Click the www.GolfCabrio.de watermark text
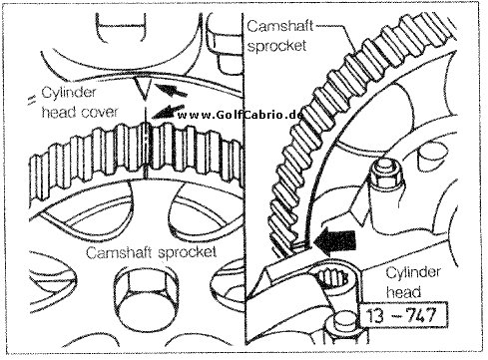point(240,115)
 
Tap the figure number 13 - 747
point(401,315)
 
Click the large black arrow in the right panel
point(335,240)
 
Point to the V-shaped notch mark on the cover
point(143,89)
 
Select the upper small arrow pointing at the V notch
point(171,90)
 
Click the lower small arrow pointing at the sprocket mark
point(168,112)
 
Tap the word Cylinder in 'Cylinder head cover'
point(69,93)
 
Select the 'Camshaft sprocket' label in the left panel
point(151,252)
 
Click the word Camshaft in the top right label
point(279,26)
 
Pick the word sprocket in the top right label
point(276,45)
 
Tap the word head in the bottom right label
point(403,292)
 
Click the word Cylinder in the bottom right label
point(413,272)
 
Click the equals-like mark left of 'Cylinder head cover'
point(32,100)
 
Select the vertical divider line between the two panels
point(244,180)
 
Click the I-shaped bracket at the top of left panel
point(121,26)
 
